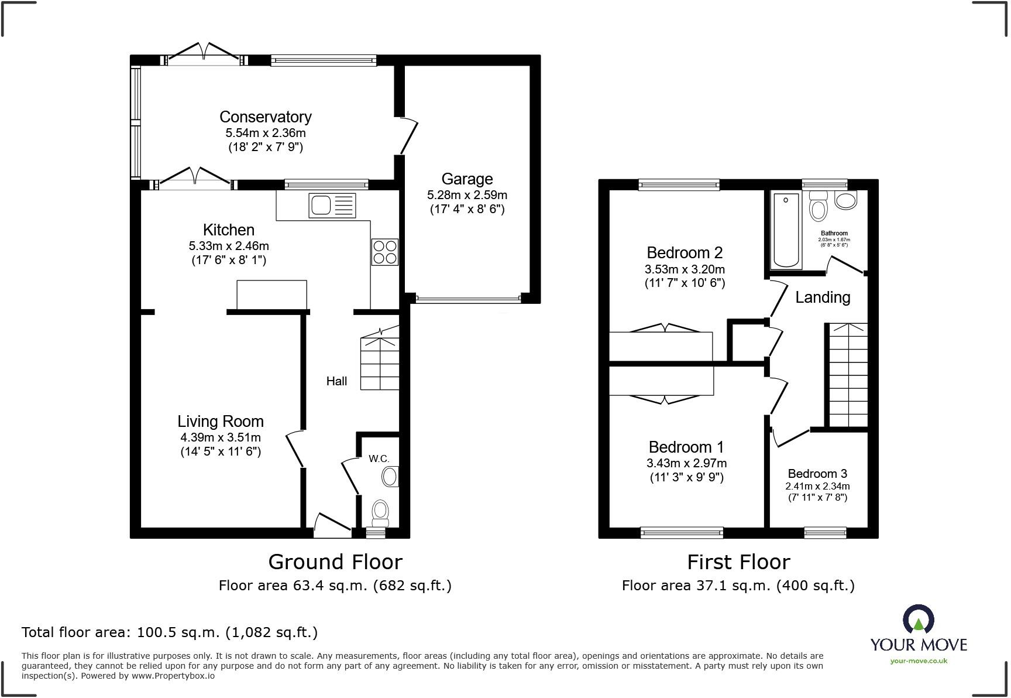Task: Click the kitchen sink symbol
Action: (x=332, y=205)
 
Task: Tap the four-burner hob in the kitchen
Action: (x=384, y=252)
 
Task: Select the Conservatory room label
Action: (x=265, y=117)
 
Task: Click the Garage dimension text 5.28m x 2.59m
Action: (x=467, y=194)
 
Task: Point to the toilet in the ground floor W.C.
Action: (x=381, y=513)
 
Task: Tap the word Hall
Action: (x=336, y=381)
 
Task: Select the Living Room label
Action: (x=221, y=421)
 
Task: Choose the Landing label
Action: (x=823, y=297)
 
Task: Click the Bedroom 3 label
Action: (x=817, y=473)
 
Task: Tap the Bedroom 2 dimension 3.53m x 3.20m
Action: (x=685, y=269)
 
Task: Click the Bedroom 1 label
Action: (x=686, y=447)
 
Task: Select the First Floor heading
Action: (x=738, y=562)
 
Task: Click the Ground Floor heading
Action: (x=335, y=562)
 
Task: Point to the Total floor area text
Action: (x=170, y=632)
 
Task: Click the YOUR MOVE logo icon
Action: (x=918, y=620)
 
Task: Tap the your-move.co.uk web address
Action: (x=919, y=661)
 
